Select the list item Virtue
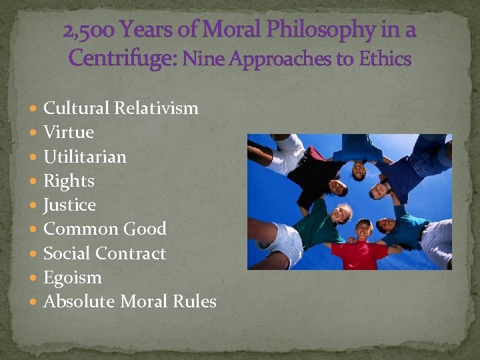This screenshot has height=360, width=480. point(68,132)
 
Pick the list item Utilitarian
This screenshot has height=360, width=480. point(85,157)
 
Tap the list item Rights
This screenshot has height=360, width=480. point(69,181)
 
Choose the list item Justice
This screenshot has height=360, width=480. point(69,205)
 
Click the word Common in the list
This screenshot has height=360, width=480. point(76,229)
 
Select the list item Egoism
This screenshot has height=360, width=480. point(72,277)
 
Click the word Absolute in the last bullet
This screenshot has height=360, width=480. point(79,301)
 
